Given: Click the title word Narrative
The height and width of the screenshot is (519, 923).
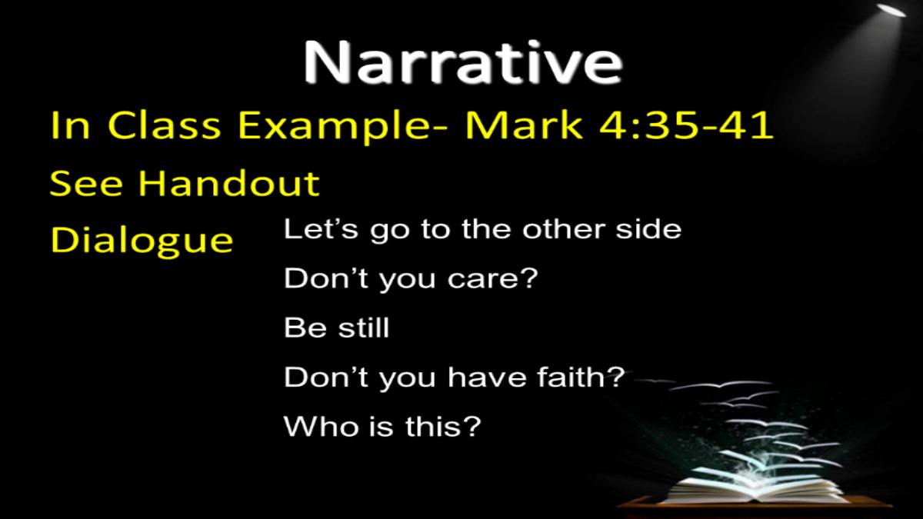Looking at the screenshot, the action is (463, 62).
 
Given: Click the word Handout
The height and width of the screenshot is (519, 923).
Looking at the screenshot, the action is (228, 183).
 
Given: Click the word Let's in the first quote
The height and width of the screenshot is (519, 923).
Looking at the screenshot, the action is (321, 228).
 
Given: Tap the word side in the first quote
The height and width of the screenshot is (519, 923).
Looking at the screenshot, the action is (648, 228).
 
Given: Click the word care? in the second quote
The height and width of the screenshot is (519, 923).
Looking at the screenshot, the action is (493, 279).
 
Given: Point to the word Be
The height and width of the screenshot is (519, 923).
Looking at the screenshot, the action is (305, 328).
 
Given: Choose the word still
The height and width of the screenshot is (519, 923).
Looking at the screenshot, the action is (363, 328).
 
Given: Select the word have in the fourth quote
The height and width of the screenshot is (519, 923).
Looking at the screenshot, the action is (487, 378).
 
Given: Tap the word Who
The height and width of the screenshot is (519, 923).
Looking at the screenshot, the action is (321, 426).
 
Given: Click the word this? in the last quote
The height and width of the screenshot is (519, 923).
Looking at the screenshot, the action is (443, 426).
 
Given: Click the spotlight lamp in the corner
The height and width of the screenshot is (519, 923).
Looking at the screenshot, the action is (891, 10).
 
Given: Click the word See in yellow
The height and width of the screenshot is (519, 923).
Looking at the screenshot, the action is (86, 183).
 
